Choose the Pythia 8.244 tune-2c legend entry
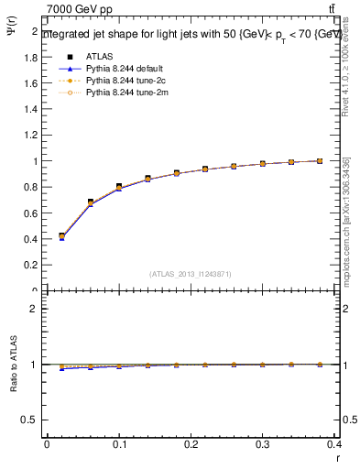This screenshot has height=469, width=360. click(119, 80)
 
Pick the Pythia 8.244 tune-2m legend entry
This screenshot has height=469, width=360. click(119, 92)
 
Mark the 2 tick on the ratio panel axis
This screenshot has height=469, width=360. click(36, 309)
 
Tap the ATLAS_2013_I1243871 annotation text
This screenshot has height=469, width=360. click(190, 274)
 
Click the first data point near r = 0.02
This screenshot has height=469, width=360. click(61, 236)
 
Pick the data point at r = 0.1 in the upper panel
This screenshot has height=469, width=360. click(119, 187)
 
